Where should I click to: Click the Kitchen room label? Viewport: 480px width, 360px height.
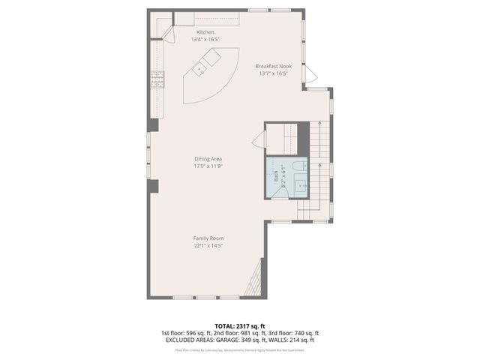click(x=205, y=32)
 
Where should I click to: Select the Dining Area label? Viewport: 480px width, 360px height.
click(x=208, y=159)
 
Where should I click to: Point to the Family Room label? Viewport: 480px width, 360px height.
click(x=208, y=238)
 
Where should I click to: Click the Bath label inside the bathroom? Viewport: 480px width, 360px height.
click(x=276, y=177)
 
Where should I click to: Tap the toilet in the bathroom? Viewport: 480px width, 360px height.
click(x=298, y=166)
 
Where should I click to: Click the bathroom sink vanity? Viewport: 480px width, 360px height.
click(x=299, y=184)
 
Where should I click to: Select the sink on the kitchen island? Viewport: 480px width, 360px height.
click(x=200, y=70)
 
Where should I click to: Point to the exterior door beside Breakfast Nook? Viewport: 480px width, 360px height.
click(x=310, y=75)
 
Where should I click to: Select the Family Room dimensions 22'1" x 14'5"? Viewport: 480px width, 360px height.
click(x=208, y=245)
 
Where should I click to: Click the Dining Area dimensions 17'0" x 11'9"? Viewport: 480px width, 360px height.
click(x=208, y=166)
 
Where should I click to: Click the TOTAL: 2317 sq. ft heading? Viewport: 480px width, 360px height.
click(x=239, y=326)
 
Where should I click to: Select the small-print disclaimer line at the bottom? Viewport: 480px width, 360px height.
click(x=239, y=349)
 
